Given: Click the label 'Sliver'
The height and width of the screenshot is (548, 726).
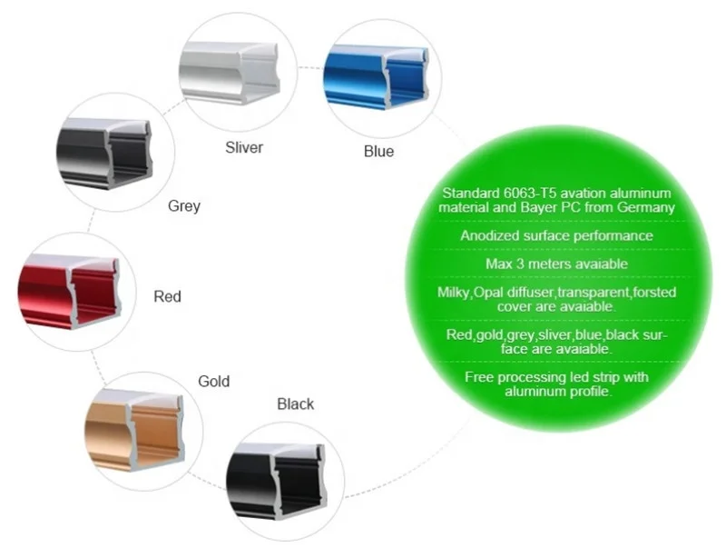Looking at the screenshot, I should [x=244, y=147].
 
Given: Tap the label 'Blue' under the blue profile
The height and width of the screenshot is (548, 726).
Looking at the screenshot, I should [x=378, y=152].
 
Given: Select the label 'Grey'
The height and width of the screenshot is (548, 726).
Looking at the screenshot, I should [x=184, y=205].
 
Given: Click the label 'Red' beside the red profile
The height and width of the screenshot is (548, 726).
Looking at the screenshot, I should [x=167, y=296].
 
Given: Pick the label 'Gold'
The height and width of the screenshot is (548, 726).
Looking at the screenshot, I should [x=213, y=381].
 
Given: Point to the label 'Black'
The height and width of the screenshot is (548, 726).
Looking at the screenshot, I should [x=295, y=404].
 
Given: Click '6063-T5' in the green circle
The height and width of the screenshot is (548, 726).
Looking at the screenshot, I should [x=528, y=193].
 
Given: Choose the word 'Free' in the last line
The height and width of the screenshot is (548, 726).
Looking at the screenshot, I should [x=480, y=377].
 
